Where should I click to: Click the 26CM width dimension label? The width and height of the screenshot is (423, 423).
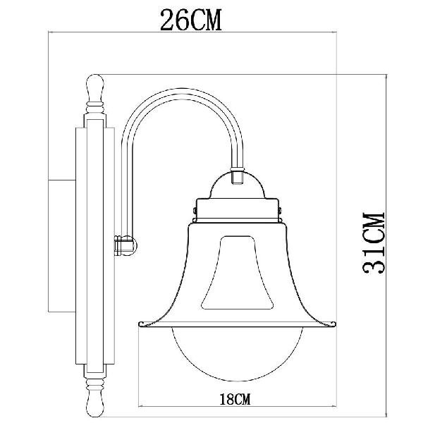click(191, 20)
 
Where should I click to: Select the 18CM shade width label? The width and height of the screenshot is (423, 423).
click(235, 399)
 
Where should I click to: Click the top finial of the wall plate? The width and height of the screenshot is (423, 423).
click(94, 88)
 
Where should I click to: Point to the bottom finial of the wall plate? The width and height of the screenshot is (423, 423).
click(94, 399)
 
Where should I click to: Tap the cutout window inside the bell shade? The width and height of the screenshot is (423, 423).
click(238, 272)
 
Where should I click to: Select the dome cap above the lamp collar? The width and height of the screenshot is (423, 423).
click(238, 186)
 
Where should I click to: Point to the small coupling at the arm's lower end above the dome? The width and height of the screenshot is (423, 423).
click(238, 176)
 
